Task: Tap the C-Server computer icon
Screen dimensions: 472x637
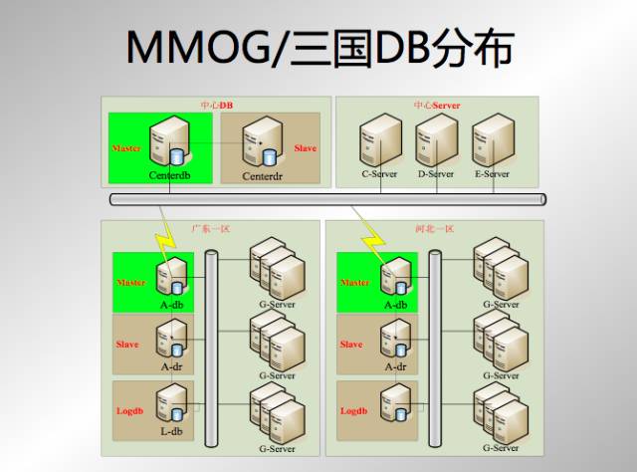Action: tap(379, 140)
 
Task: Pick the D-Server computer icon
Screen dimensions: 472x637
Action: tap(435, 140)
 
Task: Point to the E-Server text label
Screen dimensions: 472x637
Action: tap(492, 174)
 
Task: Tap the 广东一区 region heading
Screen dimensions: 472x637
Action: tap(210, 229)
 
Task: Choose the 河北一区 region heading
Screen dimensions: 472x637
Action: tap(434, 229)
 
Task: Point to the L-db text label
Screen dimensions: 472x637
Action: tap(172, 431)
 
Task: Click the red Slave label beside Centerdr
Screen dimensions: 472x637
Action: tap(306, 148)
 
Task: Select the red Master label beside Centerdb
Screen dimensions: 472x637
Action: tap(126, 148)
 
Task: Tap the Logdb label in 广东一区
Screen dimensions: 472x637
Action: tap(130, 409)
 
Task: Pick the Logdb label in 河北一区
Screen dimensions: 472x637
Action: tap(354, 409)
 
